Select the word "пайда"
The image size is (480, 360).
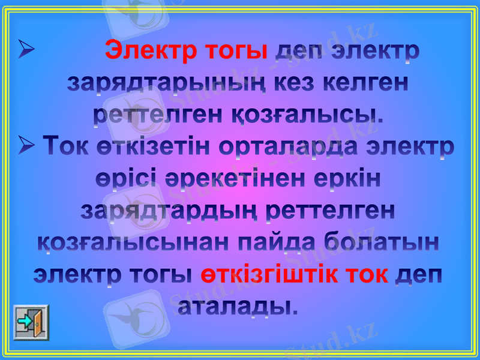[274, 243]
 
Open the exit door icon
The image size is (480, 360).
[31, 322]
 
